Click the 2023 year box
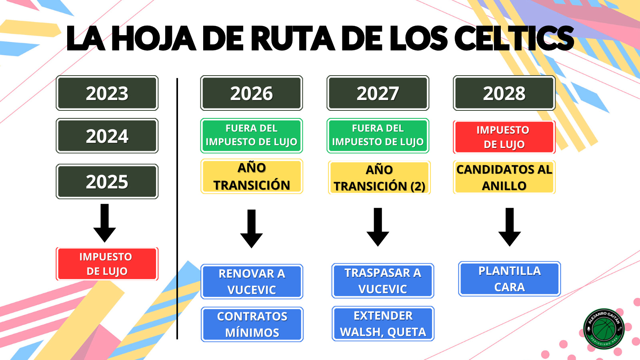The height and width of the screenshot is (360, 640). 107,93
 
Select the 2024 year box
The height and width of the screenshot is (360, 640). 107,136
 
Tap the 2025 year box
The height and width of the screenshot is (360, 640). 107,182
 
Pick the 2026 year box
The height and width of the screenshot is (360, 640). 252,93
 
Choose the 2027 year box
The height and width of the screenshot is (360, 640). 378,93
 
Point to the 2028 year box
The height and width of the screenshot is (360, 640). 504,93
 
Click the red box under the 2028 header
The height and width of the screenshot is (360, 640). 504,137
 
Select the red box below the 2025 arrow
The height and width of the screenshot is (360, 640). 107,264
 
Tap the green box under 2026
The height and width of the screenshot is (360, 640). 252,136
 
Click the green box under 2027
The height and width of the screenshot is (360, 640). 378,136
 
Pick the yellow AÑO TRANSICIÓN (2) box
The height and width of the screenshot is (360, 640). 379,178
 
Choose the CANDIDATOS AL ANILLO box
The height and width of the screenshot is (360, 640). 504,177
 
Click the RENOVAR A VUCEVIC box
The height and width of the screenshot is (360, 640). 252,282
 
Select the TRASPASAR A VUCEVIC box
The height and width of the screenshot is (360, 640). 383,281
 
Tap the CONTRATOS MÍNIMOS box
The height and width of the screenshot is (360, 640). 252,324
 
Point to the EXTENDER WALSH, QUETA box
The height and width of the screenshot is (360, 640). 383,324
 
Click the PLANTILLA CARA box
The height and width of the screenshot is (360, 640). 510,279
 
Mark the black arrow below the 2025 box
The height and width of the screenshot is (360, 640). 104,222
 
